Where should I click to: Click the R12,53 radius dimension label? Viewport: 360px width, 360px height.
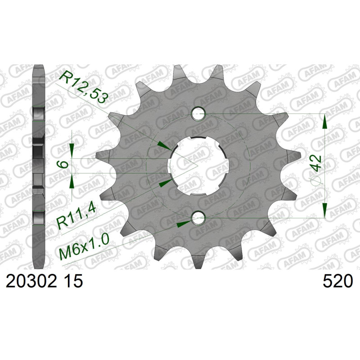click(x=84, y=85)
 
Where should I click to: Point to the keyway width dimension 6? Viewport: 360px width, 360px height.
click(x=64, y=164)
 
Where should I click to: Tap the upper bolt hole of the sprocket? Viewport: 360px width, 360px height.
click(x=198, y=114)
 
